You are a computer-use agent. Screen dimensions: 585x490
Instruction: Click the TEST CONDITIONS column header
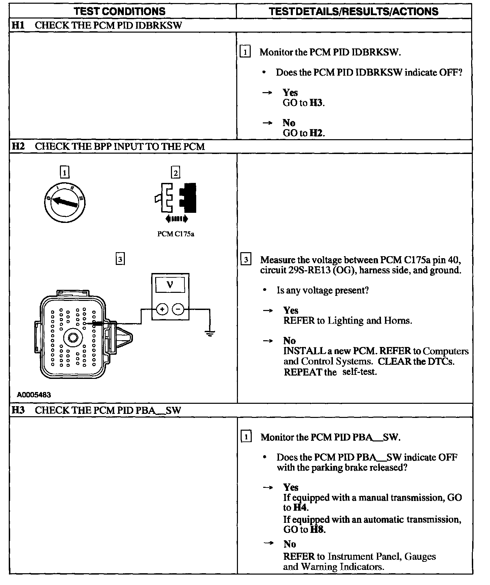click(x=119, y=11)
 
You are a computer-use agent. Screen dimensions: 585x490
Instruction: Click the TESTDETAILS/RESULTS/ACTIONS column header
click(x=354, y=11)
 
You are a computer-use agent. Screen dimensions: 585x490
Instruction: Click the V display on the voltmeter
click(x=170, y=285)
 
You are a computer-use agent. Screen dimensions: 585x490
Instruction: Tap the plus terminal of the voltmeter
click(x=162, y=309)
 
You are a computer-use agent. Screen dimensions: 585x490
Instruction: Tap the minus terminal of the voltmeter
click(x=178, y=309)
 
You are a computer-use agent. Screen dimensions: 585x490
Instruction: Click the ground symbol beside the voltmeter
click(x=210, y=333)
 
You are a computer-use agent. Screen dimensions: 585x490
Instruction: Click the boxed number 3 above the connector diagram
click(x=120, y=259)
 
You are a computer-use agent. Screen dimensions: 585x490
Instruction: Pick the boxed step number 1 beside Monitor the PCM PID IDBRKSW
click(x=245, y=52)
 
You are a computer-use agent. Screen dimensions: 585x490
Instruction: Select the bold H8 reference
click(x=318, y=530)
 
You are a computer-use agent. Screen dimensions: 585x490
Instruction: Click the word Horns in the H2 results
click(x=398, y=321)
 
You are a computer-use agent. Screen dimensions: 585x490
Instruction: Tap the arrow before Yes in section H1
click(x=267, y=93)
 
